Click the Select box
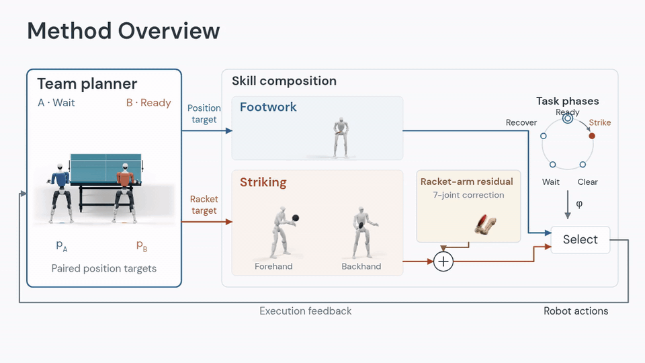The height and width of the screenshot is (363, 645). coord(580,239)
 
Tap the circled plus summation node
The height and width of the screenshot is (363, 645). coord(443,261)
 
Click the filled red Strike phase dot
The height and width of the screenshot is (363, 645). coord(591,136)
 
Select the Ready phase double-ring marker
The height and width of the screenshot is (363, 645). coord(568,118)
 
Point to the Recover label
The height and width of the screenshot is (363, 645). coord(521,122)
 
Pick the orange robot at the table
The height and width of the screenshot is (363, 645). coord(125,193)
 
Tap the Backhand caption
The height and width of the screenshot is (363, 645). coord(361,266)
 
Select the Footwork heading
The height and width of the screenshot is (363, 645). coord(268,107)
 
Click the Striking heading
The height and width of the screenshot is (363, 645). coord(263,182)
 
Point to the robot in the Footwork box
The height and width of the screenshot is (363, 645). coord(341,137)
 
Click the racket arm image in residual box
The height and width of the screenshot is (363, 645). coord(486,224)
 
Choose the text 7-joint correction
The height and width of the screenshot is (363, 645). coord(468,195)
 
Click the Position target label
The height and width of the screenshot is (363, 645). coord(204,114)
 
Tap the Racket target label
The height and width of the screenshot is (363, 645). coord(204,204)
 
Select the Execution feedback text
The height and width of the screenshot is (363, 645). coord(305,311)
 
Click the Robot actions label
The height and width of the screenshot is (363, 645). coord(576,311)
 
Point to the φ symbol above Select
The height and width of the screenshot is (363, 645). coord(579,204)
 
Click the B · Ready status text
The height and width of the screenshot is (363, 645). coord(148,103)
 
